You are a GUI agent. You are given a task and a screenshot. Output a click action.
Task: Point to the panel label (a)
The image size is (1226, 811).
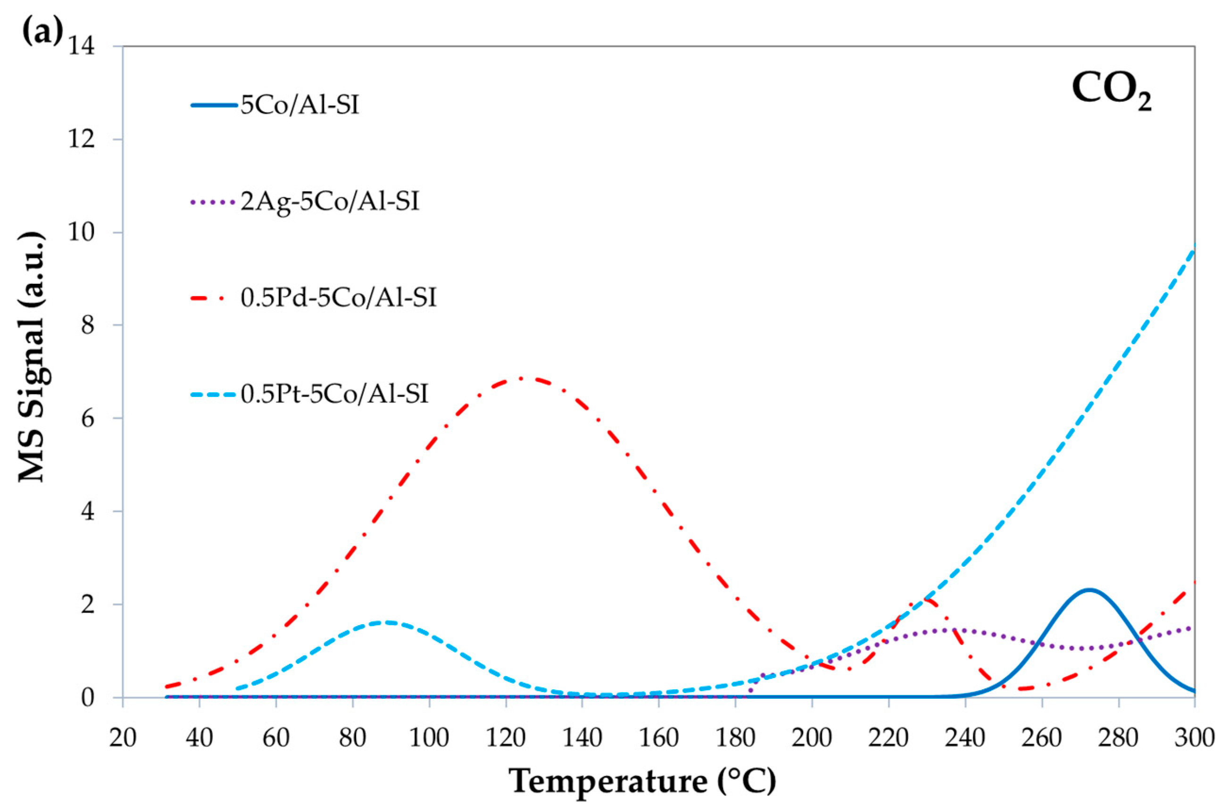coord(42,32)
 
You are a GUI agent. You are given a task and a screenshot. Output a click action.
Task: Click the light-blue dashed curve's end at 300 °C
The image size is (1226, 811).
coord(1194,248)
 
